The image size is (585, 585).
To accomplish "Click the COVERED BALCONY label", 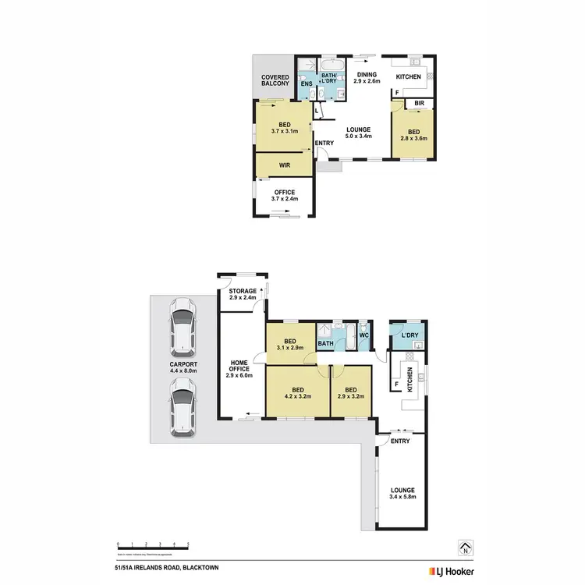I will (275, 80).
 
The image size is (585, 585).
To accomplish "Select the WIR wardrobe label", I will (285, 166).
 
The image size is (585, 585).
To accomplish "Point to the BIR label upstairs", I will (419, 102).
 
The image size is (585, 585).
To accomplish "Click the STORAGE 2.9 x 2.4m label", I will (243, 294).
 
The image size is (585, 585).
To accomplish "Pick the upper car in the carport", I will (182, 326).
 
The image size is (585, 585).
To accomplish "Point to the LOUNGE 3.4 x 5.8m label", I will (403, 493).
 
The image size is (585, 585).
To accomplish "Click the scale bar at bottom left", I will (153, 544).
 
